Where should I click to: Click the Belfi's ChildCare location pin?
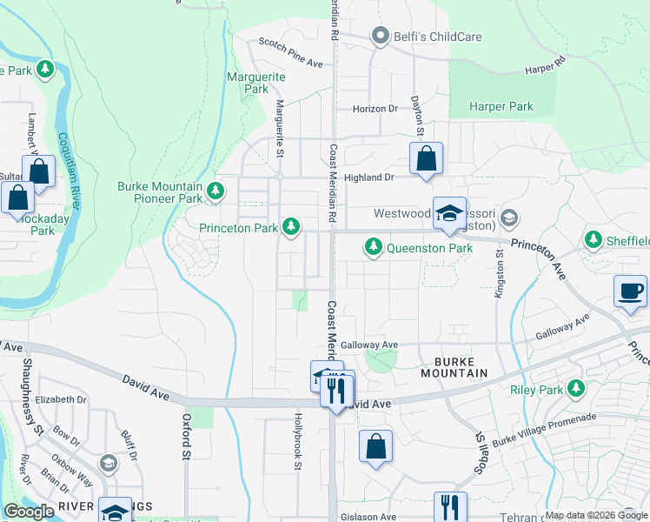point(379,36)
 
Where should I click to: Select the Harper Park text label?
point(501,106)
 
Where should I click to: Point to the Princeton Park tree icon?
point(291,228)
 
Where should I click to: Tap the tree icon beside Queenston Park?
point(374,248)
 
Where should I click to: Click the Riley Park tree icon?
point(575,390)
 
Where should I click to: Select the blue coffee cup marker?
point(630,291)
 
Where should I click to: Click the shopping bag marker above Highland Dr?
point(426,160)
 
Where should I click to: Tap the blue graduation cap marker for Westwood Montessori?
point(449,214)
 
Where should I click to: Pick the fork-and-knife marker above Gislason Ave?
point(450,506)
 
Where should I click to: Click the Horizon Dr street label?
point(375,109)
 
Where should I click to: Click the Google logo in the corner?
point(29,512)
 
